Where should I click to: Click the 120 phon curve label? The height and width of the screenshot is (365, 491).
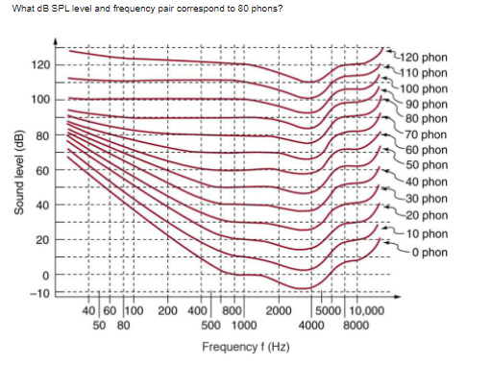(423, 57)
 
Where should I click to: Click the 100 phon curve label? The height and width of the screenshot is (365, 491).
(424, 88)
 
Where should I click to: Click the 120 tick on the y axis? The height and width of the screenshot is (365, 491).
(40, 65)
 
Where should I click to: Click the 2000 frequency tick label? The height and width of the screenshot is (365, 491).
(278, 310)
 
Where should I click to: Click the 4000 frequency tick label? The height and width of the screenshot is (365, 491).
(311, 325)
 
